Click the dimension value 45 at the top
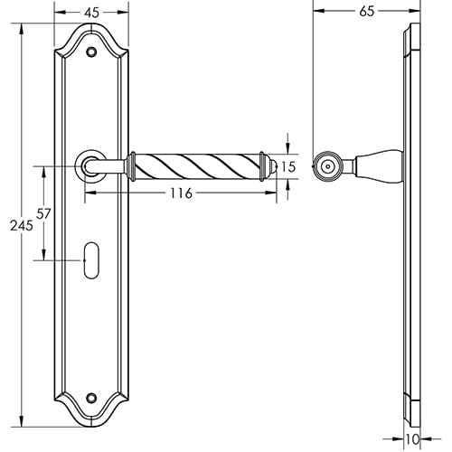tap(90, 12)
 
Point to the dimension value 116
tap(180, 194)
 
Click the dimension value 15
tap(288, 167)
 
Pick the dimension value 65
tap(366, 12)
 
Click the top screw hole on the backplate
tap(90, 53)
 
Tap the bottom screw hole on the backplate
tap(90, 395)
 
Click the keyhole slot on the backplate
tap(90, 260)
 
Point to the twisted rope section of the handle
tap(199, 165)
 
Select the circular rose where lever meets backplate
tap(89, 165)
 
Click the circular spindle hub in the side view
tap(325, 165)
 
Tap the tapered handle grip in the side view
tap(375, 165)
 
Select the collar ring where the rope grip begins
tap(132, 165)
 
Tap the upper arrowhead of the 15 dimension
tap(288, 149)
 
